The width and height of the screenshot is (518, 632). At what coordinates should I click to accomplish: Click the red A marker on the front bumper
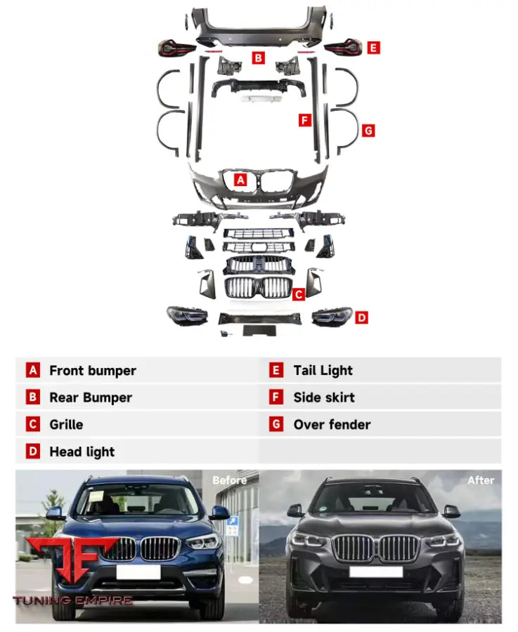[x=240, y=180]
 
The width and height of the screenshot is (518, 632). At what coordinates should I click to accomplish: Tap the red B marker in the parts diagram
[x=259, y=58]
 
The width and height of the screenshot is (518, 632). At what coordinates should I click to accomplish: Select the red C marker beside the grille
[x=298, y=294]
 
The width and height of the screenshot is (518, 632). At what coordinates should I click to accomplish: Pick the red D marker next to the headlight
[x=361, y=317]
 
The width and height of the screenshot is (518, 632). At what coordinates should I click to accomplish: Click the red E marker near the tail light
[x=373, y=48]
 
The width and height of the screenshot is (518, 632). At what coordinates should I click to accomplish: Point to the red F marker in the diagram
[x=304, y=120]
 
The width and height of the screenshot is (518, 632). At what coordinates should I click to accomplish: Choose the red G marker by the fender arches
[x=368, y=130]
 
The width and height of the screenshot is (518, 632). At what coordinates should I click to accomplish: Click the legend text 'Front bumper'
[x=93, y=371]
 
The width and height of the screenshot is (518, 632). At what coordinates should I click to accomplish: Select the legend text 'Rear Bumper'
[x=91, y=397]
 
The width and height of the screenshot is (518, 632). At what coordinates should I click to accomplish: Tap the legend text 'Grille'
[x=66, y=425]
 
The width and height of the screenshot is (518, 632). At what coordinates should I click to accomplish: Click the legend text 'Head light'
[x=82, y=452]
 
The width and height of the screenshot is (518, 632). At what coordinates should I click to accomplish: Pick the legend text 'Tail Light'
[x=323, y=371]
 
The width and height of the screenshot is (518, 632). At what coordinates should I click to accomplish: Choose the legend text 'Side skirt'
[x=324, y=397]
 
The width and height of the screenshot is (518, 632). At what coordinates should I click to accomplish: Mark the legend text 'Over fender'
[x=332, y=425]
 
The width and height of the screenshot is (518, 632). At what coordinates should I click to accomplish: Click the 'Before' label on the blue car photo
[x=229, y=480]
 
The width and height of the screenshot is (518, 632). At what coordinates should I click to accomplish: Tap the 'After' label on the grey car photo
[x=481, y=480]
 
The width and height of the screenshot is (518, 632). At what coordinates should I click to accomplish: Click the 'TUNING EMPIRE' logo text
[x=72, y=601]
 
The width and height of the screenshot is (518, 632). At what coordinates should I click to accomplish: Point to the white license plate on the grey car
[x=375, y=572]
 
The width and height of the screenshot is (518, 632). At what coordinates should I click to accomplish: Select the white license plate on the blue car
[x=138, y=572]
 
